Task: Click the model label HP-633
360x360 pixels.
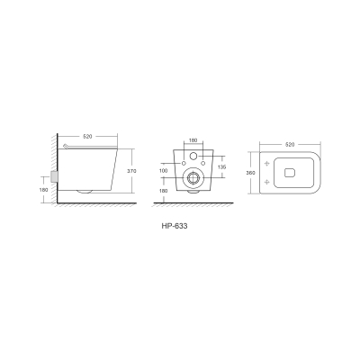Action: click(x=175, y=226)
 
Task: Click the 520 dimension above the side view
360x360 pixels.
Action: click(x=87, y=137)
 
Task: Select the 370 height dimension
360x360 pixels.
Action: click(x=131, y=171)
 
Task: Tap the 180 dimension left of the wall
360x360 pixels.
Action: click(x=44, y=190)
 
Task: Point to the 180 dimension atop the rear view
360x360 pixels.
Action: click(x=193, y=140)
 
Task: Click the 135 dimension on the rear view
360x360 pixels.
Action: click(x=221, y=167)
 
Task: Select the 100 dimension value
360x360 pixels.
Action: click(x=164, y=171)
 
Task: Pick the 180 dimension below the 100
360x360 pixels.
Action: click(x=164, y=191)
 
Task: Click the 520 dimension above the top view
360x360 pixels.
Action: click(x=290, y=145)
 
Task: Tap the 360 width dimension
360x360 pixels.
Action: click(x=250, y=173)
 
